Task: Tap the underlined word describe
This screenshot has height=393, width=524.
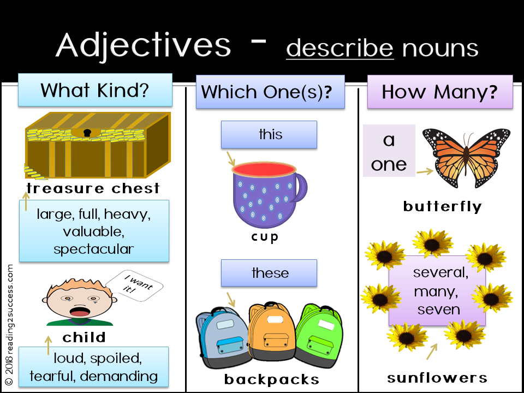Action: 340,48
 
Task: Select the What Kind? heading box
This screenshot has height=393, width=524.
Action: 95,90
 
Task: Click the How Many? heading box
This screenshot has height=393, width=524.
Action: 439,91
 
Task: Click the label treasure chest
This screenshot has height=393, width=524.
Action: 93,189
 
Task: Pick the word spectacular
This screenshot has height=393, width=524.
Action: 93,249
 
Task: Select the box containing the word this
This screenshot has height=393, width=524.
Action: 269,134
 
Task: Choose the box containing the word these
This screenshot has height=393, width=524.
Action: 269,273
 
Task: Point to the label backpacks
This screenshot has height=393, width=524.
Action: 271,379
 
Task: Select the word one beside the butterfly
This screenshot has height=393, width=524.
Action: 389,164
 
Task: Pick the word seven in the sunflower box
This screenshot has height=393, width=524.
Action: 439,309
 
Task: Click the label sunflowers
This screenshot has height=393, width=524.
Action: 437,378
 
